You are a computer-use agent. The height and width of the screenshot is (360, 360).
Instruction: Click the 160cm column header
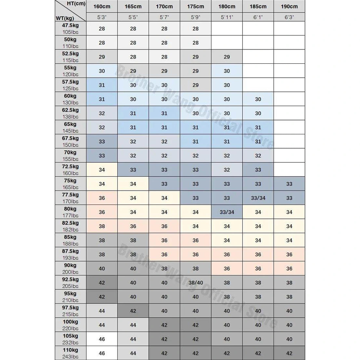102,7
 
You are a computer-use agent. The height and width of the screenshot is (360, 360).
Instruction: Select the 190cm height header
289,7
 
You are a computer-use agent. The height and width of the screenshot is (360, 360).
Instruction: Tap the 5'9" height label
195,17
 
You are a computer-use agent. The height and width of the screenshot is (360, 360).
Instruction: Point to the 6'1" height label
258,17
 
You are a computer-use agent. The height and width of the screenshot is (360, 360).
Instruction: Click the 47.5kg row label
71,25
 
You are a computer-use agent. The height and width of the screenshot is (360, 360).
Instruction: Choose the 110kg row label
71,350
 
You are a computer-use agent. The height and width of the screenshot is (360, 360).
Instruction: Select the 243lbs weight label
71,357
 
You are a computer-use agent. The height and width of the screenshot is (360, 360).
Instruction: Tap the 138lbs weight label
71,117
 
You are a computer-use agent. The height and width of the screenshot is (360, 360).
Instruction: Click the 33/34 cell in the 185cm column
258,198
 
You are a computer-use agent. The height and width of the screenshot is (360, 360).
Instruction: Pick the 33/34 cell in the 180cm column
227,212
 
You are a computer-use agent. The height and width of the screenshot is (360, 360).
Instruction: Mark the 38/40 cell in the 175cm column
195,283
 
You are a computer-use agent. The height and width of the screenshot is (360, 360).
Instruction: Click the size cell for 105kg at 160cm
102,339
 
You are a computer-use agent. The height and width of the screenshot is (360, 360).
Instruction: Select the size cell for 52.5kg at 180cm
227,57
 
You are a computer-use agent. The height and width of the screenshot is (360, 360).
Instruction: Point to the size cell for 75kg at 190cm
289,184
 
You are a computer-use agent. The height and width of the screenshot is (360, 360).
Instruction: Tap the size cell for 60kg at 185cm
258,99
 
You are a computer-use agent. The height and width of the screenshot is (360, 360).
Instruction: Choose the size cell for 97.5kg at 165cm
133,311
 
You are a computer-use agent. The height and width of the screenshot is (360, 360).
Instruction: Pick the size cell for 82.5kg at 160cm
102,226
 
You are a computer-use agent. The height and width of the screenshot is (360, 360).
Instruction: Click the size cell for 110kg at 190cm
289,353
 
